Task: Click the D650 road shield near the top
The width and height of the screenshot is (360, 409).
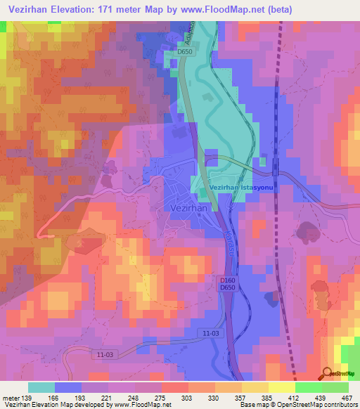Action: [x=185, y=52]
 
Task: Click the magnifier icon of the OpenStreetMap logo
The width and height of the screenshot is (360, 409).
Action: [x=328, y=373]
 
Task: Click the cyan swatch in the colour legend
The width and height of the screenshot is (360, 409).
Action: [x=41, y=387]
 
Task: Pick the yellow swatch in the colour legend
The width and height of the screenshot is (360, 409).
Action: [x=282, y=387]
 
